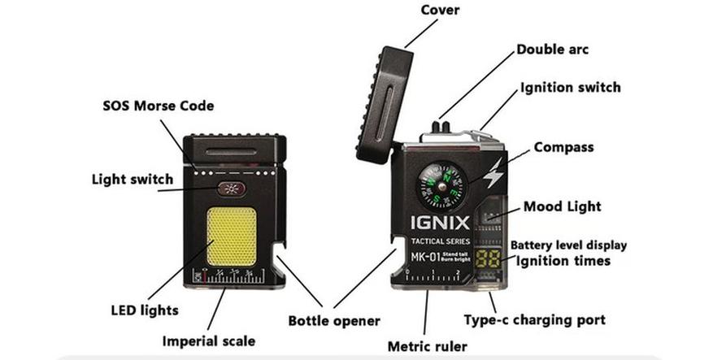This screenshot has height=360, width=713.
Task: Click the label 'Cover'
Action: coord(440,11)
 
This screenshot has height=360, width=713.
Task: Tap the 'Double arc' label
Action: coord(553,50)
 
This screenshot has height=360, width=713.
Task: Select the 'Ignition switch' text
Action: coord(570,87)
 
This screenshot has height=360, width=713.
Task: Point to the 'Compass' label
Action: coord(563,148)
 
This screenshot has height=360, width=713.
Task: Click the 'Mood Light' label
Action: coord(562,206)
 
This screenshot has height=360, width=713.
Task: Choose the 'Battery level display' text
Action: coord(568,245)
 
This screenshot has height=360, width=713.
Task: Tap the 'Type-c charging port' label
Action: coord(534,319)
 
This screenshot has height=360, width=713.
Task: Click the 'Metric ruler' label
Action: coord(427,346)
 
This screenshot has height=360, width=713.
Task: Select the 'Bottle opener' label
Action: coord(334,320)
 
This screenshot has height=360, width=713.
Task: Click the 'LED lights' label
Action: coord(144,310)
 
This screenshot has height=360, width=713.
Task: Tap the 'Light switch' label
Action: coord(133,179)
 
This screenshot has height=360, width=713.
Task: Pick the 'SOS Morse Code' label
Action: coord(159,106)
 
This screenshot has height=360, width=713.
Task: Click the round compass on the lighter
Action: coord(443,184)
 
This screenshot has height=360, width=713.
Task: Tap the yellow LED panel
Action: coord(233,237)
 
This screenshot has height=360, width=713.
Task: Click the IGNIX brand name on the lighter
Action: coord(441,222)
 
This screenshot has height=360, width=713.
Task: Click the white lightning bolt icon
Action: coord(493,172)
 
